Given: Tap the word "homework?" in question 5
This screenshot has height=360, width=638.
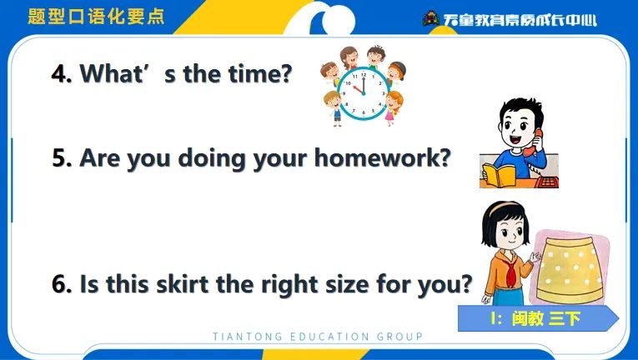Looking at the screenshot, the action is pos(383,157).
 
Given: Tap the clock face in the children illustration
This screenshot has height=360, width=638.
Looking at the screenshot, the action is pos(364,93).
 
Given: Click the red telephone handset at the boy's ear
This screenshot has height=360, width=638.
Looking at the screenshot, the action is pos(533,142).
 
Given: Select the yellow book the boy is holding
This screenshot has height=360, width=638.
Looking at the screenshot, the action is pos(499,175).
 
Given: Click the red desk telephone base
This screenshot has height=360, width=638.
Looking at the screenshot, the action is pos(546,182).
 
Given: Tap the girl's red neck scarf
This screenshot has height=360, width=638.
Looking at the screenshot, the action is pos(510,272).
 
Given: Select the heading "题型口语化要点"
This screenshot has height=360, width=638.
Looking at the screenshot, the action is pos(96,17).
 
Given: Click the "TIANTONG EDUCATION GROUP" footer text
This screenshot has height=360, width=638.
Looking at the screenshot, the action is pos(318,337).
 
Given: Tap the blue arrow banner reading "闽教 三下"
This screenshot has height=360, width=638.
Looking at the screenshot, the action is pos(538,318).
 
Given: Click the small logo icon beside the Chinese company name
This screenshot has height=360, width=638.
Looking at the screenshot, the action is pos(431,18).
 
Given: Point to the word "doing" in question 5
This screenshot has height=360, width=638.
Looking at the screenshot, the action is pos(212,158).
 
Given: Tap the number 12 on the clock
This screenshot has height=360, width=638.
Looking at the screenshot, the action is pos(364,75).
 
